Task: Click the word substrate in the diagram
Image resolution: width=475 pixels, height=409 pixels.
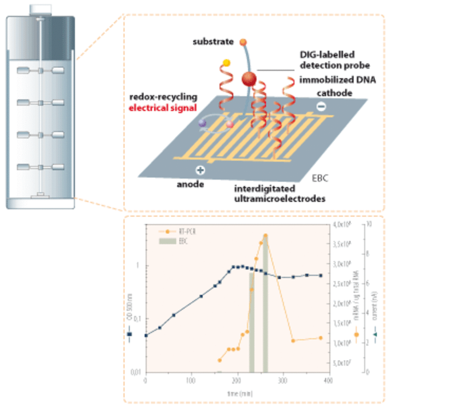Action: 213,42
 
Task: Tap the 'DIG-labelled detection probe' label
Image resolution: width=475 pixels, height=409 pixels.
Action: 334,60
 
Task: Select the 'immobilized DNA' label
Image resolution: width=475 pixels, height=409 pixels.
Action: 337,80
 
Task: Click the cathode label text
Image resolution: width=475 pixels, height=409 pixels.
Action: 334,93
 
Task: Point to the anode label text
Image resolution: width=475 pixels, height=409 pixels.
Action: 190,184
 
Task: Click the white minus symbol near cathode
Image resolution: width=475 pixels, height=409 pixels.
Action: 322,107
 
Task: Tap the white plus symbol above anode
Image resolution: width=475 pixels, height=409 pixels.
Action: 200,170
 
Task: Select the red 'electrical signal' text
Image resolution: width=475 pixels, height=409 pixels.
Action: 163,107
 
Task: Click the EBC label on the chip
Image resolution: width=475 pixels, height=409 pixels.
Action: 320,178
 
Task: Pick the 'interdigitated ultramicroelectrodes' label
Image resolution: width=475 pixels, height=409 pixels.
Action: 279,193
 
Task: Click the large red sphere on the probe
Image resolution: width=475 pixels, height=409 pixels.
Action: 249,79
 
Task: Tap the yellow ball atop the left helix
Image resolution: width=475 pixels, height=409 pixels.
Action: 226,63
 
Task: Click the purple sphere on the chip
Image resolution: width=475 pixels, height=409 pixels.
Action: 203,123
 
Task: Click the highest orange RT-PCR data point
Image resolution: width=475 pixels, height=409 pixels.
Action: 266,236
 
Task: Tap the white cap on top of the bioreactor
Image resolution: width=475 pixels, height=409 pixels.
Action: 41,9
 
